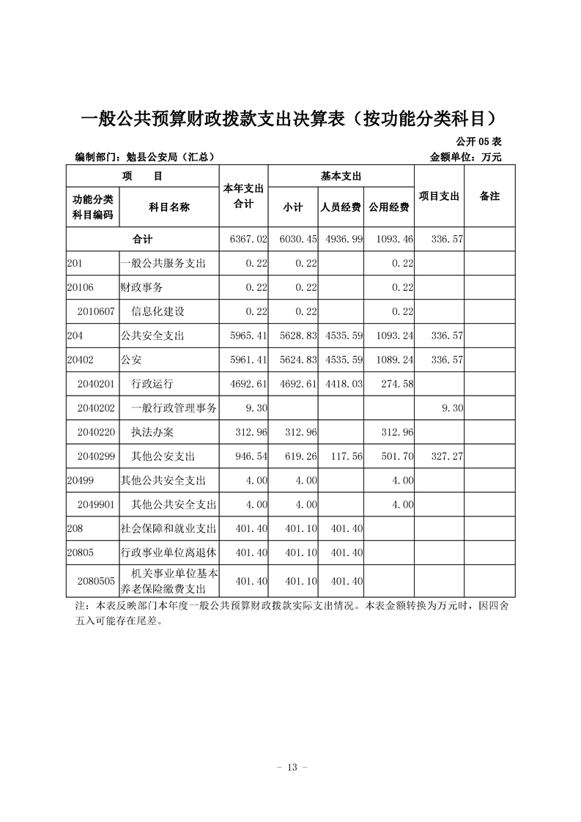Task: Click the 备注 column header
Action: coord(489,196)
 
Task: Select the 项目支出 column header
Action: coord(439,196)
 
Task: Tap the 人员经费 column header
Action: coord(341,207)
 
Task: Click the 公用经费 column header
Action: coord(389,207)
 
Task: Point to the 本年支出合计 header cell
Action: coord(243,197)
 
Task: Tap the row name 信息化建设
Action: coord(158,311)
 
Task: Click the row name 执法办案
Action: coord(152,432)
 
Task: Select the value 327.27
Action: coord(445,456)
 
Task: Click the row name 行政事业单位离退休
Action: coord(169,553)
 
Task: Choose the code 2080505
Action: coord(96,581)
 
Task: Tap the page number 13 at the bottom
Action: coord(291,767)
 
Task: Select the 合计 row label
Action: coord(143,240)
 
